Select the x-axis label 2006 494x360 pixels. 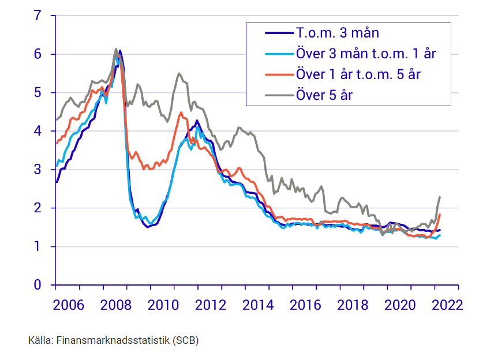click(x=69, y=305)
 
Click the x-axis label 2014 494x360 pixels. click(x=258, y=305)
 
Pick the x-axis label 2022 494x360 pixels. click(x=447, y=305)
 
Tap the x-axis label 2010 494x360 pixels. click(x=163, y=305)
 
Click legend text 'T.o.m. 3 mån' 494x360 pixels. click(x=337, y=33)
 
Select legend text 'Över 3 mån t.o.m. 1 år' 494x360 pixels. click(x=365, y=54)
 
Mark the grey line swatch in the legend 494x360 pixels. click(x=278, y=95)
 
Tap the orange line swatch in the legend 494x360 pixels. click(x=278, y=74)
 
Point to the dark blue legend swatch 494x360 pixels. click(x=278, y=33)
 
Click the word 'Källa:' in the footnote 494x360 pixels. click(x=40, y=340)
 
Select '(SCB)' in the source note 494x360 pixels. click(x=185, y=340)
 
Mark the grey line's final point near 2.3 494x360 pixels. click(x=440, y=197)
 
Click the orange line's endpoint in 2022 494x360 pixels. click(x=440, y=215)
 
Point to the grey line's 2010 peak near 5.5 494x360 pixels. click(x=179, y=73)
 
